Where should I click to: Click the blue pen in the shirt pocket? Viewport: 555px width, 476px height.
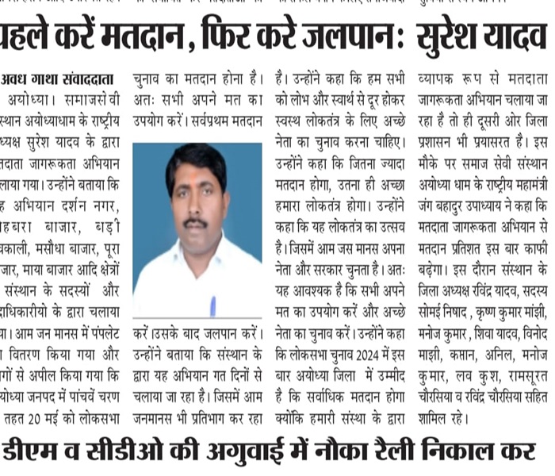(212, 305)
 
